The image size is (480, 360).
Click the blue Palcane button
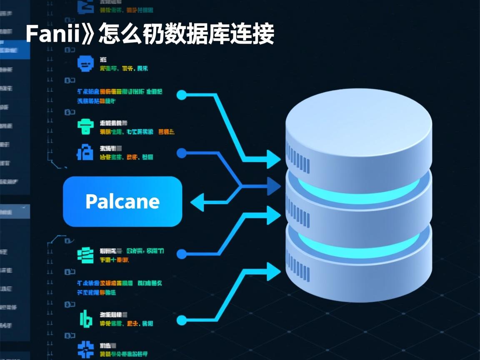[x=122, y=202]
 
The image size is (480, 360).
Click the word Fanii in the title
[x=52, y=34]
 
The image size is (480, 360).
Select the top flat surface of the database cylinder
[x=358, y=121]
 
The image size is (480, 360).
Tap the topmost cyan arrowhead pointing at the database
[x=274, y=159]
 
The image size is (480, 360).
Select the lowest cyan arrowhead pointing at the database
[x=274, y=272]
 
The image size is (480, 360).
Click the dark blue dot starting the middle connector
[x=181, y=153]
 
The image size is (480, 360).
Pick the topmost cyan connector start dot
[x=181, y=95]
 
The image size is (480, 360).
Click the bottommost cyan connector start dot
[x=181, y=320]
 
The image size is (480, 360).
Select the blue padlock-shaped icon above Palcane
[x=85, y=153]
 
